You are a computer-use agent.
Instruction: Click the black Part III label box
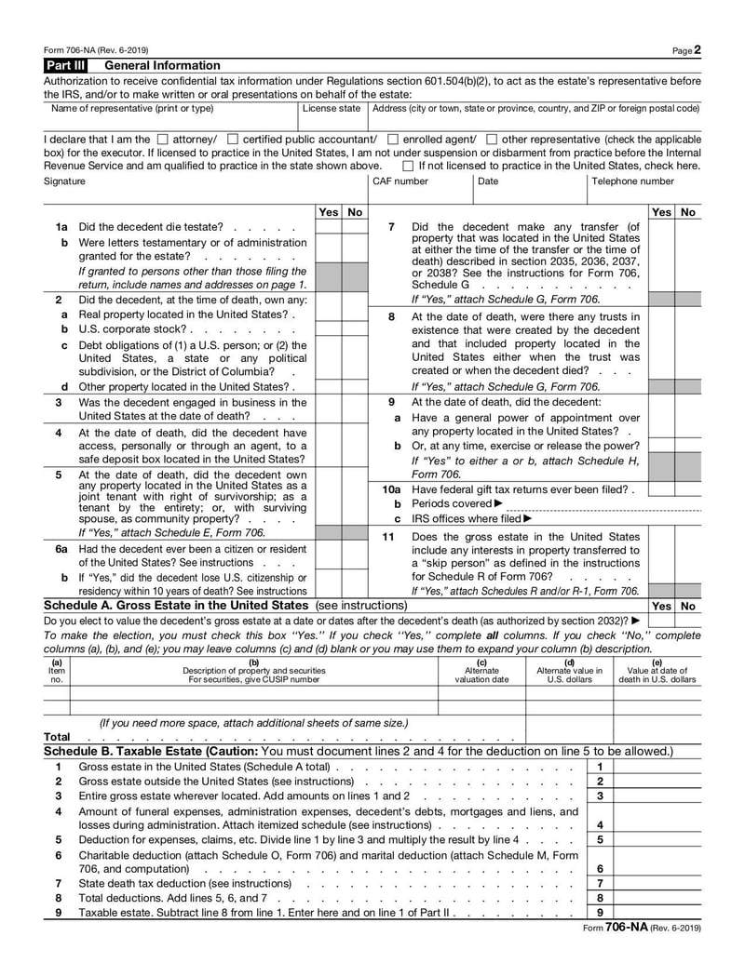[x=69, y=65]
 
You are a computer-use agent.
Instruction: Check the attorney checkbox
[x=163, y=140]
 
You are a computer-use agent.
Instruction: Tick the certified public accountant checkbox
[x=233, y=140]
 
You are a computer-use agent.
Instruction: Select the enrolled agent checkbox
[x=393, y=140]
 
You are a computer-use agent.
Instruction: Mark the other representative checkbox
[x=492, y=140]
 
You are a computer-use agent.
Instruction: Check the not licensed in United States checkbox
[x=408, y=166]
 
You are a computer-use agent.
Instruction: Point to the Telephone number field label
[x=632, y=181]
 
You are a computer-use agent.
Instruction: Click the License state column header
[x=332, y=109]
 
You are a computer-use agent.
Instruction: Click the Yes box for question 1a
[x=329, y=227]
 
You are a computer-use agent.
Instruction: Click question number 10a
[x=391, y=489]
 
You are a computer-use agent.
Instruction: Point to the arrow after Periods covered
[x=499, y=504]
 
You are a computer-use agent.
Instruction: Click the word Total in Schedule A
[x=57, y=737]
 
